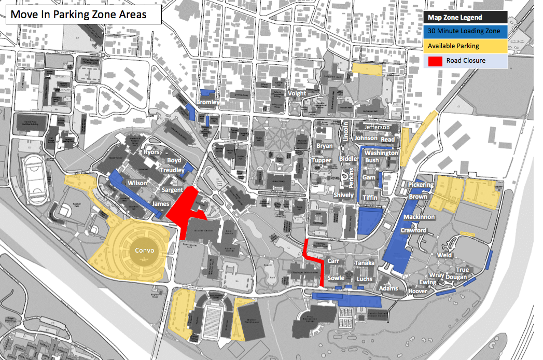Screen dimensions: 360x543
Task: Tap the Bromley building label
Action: [208, 103]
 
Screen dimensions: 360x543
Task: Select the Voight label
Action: [297, 93]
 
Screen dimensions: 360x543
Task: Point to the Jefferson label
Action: [377, 127]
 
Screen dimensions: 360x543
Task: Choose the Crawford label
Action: [413, 230]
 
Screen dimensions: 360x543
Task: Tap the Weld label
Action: [444, 255]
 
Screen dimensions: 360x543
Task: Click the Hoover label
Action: [417, 291]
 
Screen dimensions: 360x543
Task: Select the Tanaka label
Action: [364, 263]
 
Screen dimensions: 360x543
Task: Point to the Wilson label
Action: [137, 183]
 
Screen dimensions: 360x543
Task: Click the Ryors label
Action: [152, 153]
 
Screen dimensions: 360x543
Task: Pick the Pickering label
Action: [421, 185]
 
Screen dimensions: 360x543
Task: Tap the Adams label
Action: [388, 288]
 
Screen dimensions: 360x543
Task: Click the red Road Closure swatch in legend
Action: [435, 61]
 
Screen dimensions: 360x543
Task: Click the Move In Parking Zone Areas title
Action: [78, 15]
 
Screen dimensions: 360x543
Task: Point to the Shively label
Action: [343, 195]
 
